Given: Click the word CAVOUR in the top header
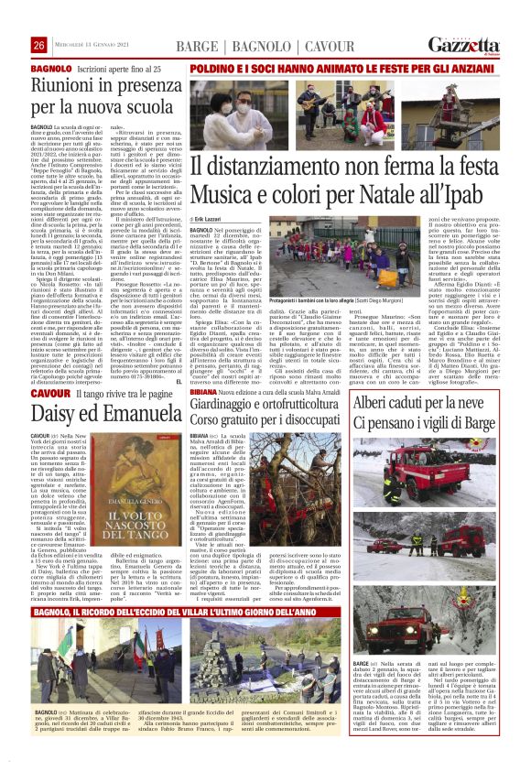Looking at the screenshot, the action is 306,45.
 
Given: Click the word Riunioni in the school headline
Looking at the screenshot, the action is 65,87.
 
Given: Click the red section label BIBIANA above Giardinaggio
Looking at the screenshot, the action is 205,388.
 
